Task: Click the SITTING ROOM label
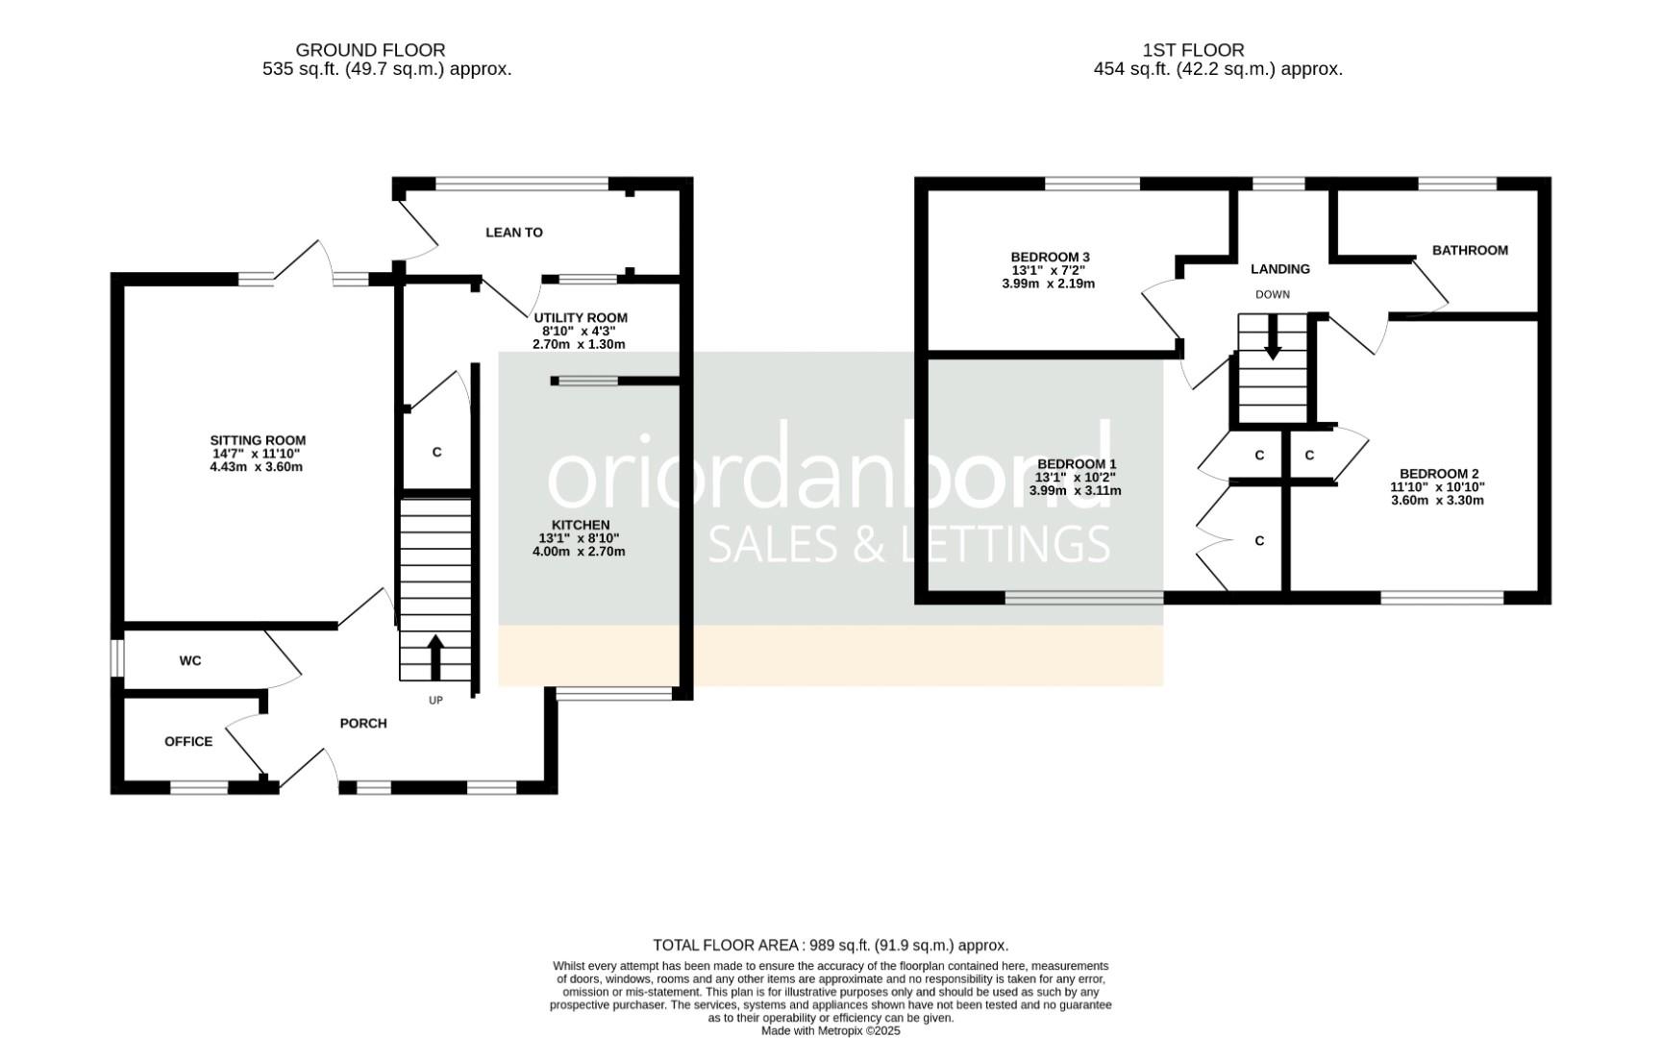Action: [258, 440]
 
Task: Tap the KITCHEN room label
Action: [574, 525]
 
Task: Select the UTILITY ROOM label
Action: [581, 318]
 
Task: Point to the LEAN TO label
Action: [513, 233]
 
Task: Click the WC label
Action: [190, 661]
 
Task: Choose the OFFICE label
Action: [188, 742]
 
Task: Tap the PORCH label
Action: [363, 724]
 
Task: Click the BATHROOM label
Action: [1470, 251]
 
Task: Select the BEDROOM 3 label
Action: [1050, 258]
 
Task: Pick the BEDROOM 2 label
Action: [1438, 474]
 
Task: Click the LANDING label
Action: [1279, 269]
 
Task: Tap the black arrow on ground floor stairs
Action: [434, 656]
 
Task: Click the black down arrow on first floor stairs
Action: [1273, 340]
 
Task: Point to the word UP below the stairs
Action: [435, 701]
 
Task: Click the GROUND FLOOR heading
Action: [370, 50]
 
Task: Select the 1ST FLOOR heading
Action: [1193, 50]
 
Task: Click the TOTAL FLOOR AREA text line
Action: [831, 946]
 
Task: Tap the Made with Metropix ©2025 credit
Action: [831, 1030]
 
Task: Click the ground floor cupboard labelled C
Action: [436, 452]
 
